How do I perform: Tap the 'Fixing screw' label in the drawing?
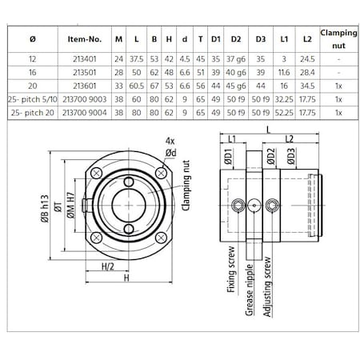(230, 273)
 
